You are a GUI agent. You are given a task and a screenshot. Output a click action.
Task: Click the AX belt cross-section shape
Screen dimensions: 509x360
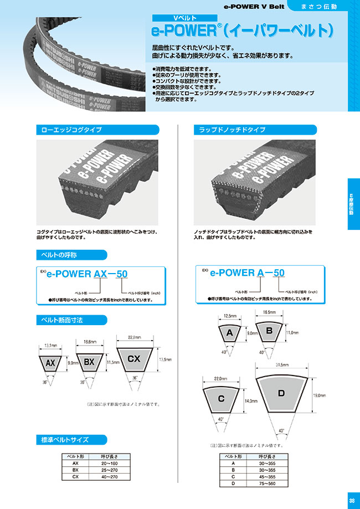tap(50, 363)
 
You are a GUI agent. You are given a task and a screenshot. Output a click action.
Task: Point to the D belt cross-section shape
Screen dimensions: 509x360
tap(281, 394)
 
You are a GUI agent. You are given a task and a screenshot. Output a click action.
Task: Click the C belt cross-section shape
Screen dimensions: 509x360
tap(222, 398)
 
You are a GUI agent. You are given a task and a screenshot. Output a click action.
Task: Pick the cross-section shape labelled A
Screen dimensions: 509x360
tap(228, 333)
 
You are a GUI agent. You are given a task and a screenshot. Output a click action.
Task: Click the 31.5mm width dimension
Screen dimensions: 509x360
tap(281, 364)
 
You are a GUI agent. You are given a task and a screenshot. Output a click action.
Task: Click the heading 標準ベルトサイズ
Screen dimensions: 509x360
tap(63, 440)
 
